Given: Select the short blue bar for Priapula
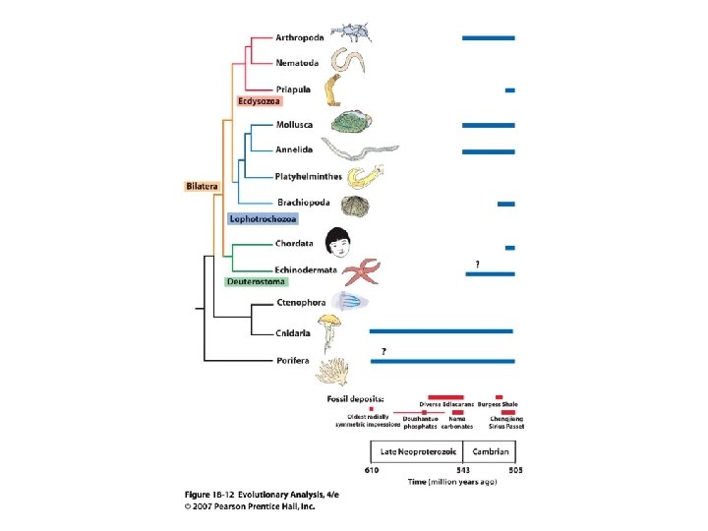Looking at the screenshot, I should coord(509,89).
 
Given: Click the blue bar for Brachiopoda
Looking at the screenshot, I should coord(505,204).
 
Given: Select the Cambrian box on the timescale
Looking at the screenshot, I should coord(490,451).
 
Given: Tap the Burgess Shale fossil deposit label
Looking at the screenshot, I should coord(497,404).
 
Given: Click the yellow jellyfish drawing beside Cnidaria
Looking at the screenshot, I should coord(327,330).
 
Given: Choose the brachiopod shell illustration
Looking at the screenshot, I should coord(356,206).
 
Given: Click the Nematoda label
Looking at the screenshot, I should coord(303,63).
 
